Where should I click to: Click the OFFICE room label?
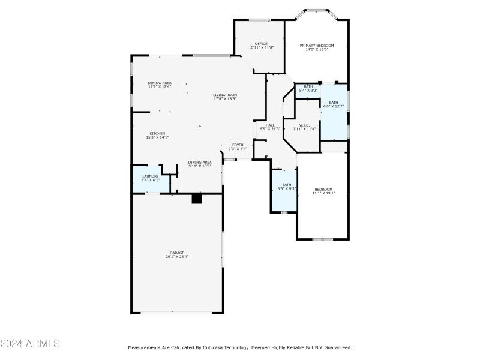[261, 44]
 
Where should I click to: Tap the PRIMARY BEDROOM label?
[317, 46]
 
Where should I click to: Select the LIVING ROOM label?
[225, 95]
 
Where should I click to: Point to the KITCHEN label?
[157, 134]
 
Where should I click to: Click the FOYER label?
[238, 145]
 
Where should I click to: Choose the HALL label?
[270, 125]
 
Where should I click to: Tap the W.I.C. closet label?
[304, 125]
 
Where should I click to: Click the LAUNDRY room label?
[151, 176]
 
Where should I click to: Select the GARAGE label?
[176, 253]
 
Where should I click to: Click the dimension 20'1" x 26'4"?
[176, 257]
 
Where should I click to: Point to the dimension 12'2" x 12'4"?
[160, 87]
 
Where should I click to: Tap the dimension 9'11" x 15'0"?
[200, 166]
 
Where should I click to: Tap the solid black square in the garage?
[196, 199]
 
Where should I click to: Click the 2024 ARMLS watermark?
[30, 344]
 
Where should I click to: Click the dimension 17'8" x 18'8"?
[225, 98]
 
